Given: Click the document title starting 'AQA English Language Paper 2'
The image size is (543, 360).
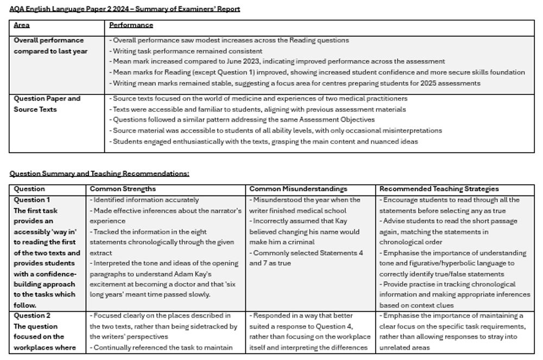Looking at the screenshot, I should (x=125, y=9).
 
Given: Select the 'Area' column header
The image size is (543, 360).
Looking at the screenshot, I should (x=22, y=25).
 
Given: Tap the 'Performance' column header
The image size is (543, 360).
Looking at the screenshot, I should (x=131, y=25).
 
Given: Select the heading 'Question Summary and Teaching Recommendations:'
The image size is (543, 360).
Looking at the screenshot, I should (x=99, y=174).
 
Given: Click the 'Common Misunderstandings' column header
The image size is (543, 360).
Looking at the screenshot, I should (x=298, y=189).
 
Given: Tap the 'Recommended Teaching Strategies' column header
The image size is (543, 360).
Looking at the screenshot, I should (x=439, y=189).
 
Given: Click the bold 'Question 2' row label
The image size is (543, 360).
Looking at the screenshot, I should (x=32, y=315).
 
